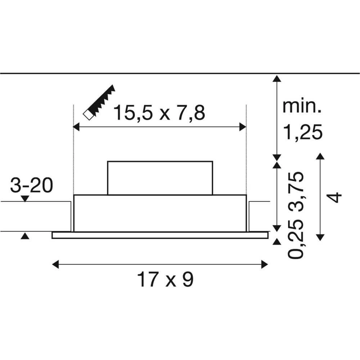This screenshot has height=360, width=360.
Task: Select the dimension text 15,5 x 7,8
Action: (159, 113)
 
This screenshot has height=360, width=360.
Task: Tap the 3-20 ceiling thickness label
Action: (31, 186)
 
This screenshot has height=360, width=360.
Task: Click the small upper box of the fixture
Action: (160, 178)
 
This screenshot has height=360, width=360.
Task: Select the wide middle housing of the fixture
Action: (160, 213)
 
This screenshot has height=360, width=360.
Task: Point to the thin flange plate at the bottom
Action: (160, 235)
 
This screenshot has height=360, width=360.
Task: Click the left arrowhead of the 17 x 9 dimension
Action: (55, 265)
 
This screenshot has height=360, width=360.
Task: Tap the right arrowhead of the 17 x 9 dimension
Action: (265, 265)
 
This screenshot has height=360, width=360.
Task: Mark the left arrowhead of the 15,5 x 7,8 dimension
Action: (76, 127)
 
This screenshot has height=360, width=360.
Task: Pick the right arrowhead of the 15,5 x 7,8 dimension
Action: (243, 127)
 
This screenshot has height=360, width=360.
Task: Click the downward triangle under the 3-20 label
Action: (24, 198)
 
